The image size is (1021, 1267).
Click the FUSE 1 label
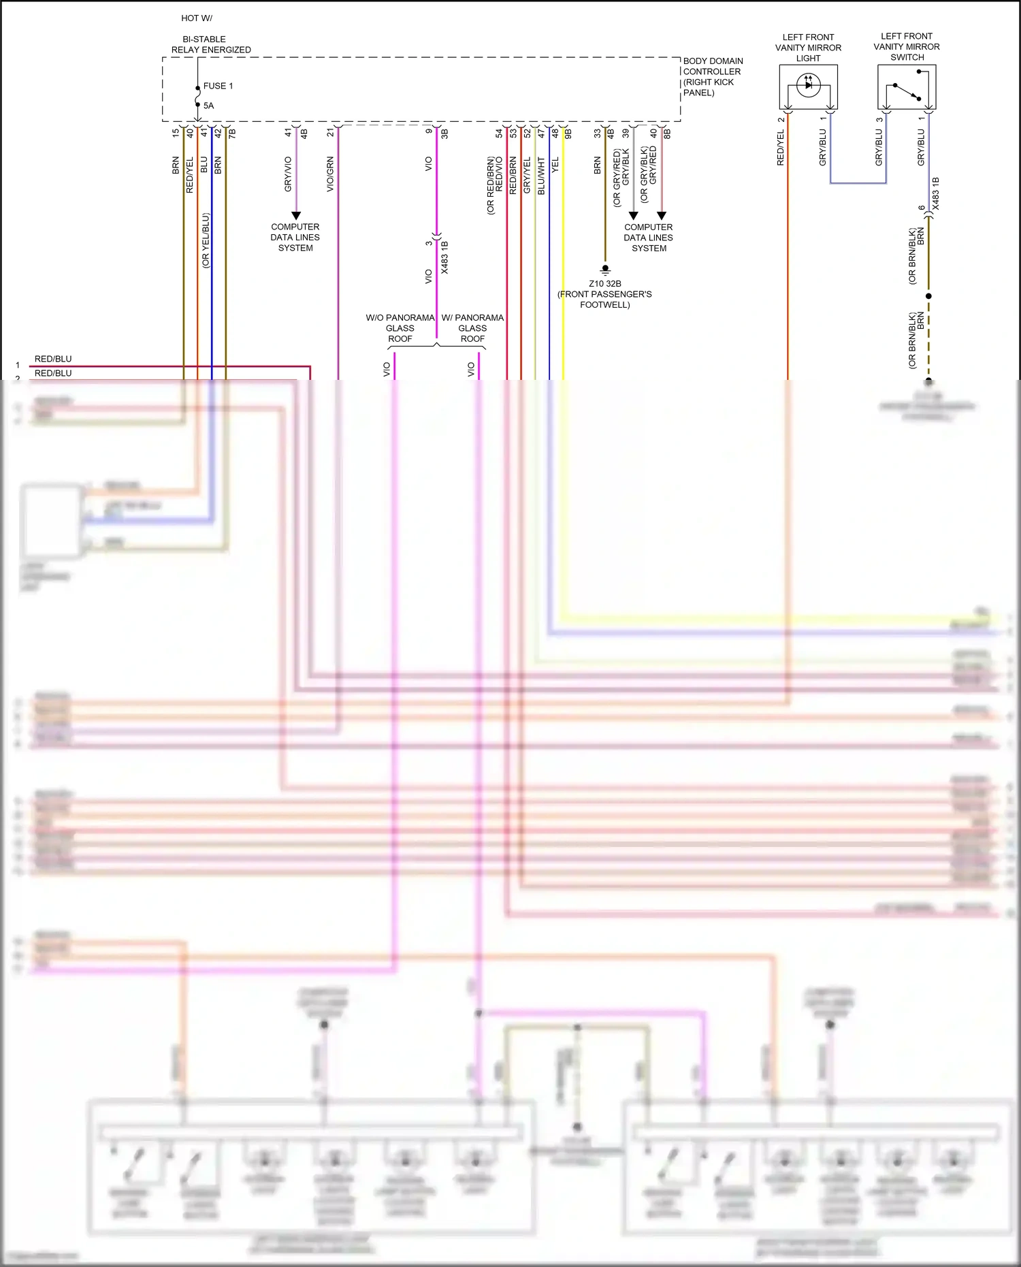218,86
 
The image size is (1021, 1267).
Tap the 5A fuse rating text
208,106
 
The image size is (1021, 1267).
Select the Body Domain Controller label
712,76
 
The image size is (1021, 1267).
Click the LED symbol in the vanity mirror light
808,85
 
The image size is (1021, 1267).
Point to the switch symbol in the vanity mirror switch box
907,91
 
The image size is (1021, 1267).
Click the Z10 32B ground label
604,283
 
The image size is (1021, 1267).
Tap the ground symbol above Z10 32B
604,270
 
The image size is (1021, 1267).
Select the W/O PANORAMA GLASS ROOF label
400,328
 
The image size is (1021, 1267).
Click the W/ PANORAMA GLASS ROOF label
472,328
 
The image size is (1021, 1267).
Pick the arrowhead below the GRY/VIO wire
296,215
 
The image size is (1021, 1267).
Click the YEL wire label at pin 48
555,165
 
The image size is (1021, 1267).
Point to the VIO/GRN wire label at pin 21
330,174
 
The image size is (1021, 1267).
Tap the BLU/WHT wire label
541,176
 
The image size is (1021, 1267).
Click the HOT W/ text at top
196,18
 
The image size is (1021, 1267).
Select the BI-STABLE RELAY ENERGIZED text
210,44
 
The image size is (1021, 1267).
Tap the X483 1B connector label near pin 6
935,193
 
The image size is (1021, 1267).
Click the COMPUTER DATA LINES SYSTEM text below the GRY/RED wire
648,238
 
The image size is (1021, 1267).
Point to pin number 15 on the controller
176,133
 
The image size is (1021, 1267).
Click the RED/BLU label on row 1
53,359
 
